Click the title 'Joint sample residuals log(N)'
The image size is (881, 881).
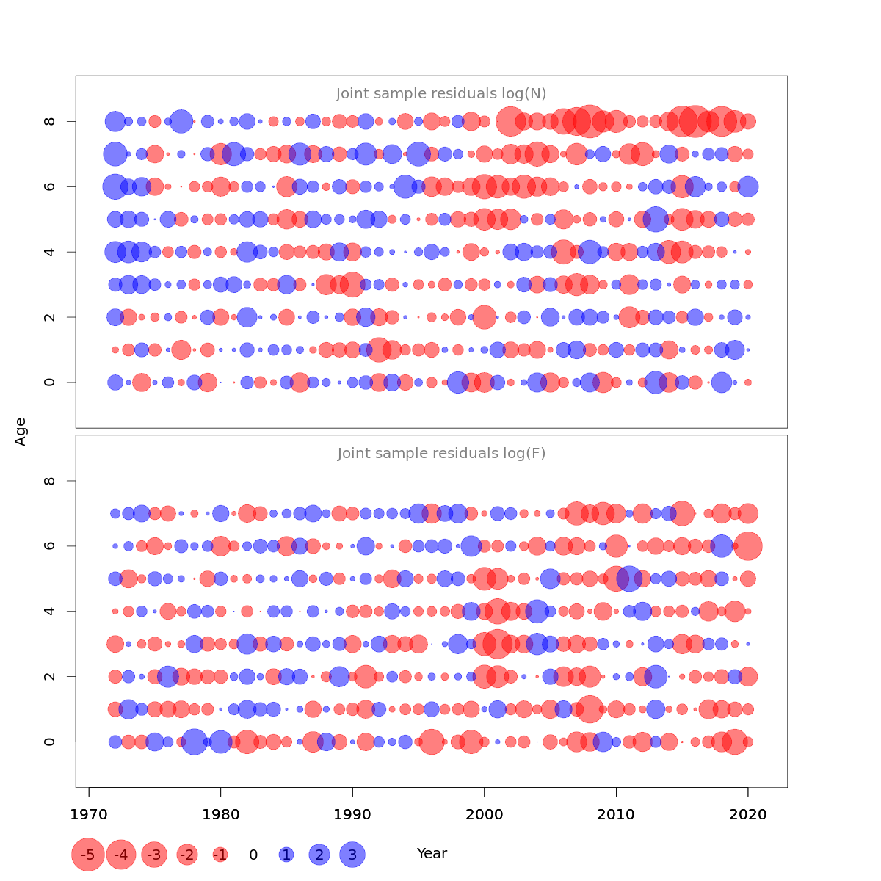pos(441,94)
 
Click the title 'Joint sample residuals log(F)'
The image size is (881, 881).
pos(441,454)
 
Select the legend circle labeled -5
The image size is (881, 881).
pos(87,855)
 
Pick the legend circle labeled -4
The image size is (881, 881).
pos(121,855)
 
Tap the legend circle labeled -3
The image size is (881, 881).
pos(154,855)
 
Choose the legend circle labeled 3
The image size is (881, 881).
pos(352,855)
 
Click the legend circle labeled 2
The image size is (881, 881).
pos(319,855)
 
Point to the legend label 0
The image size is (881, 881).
pos(253,855)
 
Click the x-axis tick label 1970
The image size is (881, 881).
pos(89,815)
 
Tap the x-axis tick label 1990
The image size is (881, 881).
pos(352,815)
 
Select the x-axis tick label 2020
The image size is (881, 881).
pos(748,815)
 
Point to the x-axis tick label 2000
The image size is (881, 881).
pos(485,815)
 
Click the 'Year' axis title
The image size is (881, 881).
pos(432,853)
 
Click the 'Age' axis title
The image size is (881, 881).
pos(21,432)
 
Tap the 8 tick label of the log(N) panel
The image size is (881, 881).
pos(50,121)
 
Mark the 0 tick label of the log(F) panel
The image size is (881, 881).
pos(50,742)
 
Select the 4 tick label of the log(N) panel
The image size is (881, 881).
pos(50,252)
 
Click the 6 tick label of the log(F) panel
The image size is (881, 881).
pos(50,546)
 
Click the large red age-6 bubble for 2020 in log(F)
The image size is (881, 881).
pos(748,546)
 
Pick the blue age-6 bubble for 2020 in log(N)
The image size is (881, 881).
pos(748,186)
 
